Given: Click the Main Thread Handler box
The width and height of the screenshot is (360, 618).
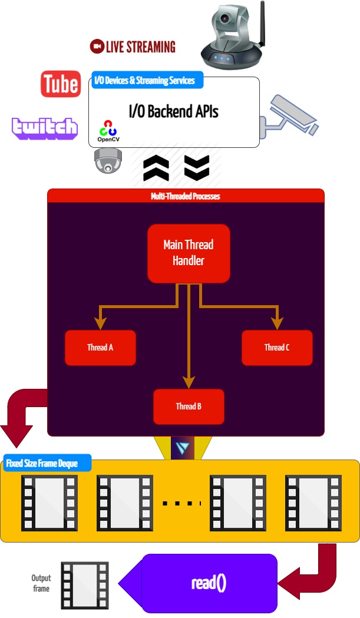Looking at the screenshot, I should point(189,253).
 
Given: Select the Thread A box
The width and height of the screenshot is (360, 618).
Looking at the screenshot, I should point(100,348).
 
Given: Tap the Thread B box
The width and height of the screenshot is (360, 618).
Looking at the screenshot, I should point(189,407).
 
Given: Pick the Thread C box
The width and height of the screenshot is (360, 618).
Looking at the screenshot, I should point(277,348).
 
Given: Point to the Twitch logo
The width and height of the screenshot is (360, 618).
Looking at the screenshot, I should point(45,128).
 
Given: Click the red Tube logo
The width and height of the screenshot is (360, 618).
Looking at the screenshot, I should point(61,84).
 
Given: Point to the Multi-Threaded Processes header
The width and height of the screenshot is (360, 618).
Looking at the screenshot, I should point(186,196).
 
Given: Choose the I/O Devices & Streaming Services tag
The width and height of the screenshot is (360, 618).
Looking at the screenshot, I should point(144,80).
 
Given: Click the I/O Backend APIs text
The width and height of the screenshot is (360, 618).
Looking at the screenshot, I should point(173,111).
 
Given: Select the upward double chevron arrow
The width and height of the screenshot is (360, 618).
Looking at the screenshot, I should point(157,168).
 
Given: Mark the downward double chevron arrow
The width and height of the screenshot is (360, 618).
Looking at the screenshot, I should point(197,168).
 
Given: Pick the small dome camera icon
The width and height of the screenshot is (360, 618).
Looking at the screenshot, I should point(108,160).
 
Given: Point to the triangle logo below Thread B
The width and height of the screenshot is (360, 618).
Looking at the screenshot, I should point(182,448).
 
